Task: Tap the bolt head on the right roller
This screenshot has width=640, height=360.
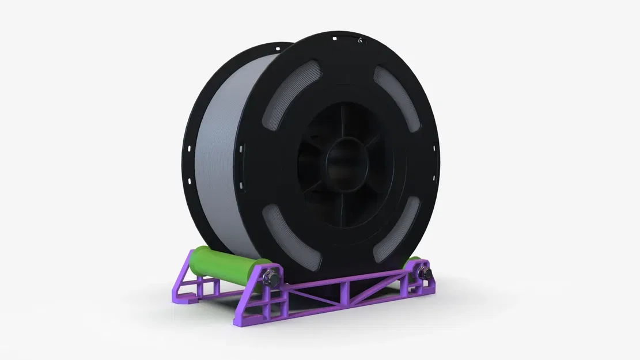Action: (424, 271)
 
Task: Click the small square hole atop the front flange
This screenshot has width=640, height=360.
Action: (334, 39)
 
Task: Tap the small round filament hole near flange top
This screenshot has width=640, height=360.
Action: (359, 41)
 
